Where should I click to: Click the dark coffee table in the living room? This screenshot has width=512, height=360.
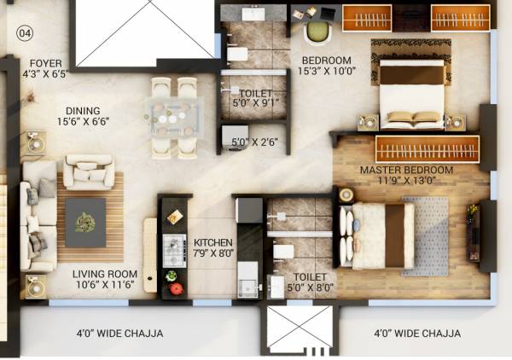point(86,222)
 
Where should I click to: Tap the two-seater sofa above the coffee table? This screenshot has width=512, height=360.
point(90,171)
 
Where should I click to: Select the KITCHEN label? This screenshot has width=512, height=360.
point(212,242)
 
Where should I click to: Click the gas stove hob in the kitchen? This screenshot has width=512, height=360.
point(174,250)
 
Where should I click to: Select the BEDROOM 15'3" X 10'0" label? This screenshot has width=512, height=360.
point(326,65)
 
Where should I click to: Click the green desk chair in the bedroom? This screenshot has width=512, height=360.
point(317,32)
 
